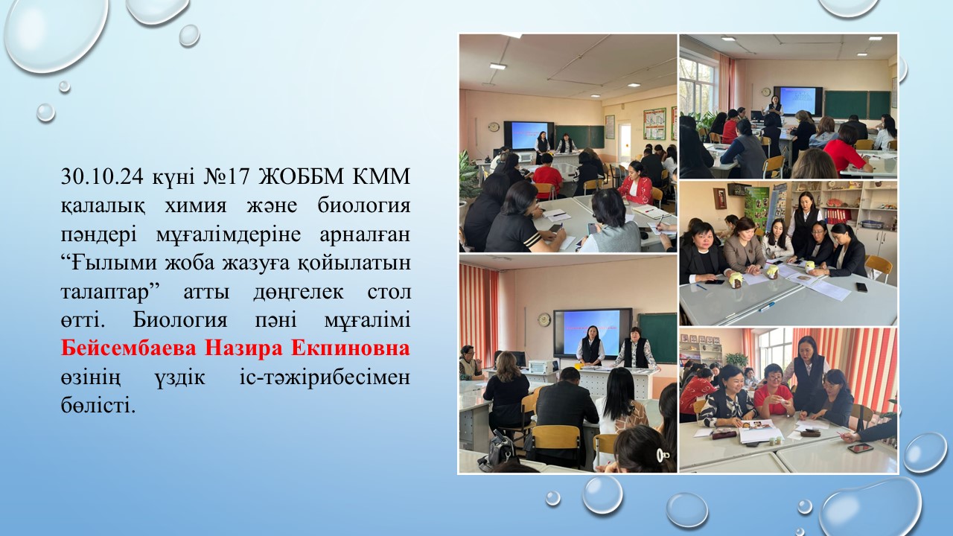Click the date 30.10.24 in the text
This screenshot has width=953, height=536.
pos(102,176)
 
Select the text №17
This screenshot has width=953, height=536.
pos(226,176)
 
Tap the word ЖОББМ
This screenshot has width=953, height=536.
pos(300,176)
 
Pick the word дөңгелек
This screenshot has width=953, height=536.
pos(299,293)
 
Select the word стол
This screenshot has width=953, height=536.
pos(389,293)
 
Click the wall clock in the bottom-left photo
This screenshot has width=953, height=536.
pos(544,319)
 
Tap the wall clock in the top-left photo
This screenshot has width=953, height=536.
pos(494,127)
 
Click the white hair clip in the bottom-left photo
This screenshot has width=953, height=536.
pos(660,455)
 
